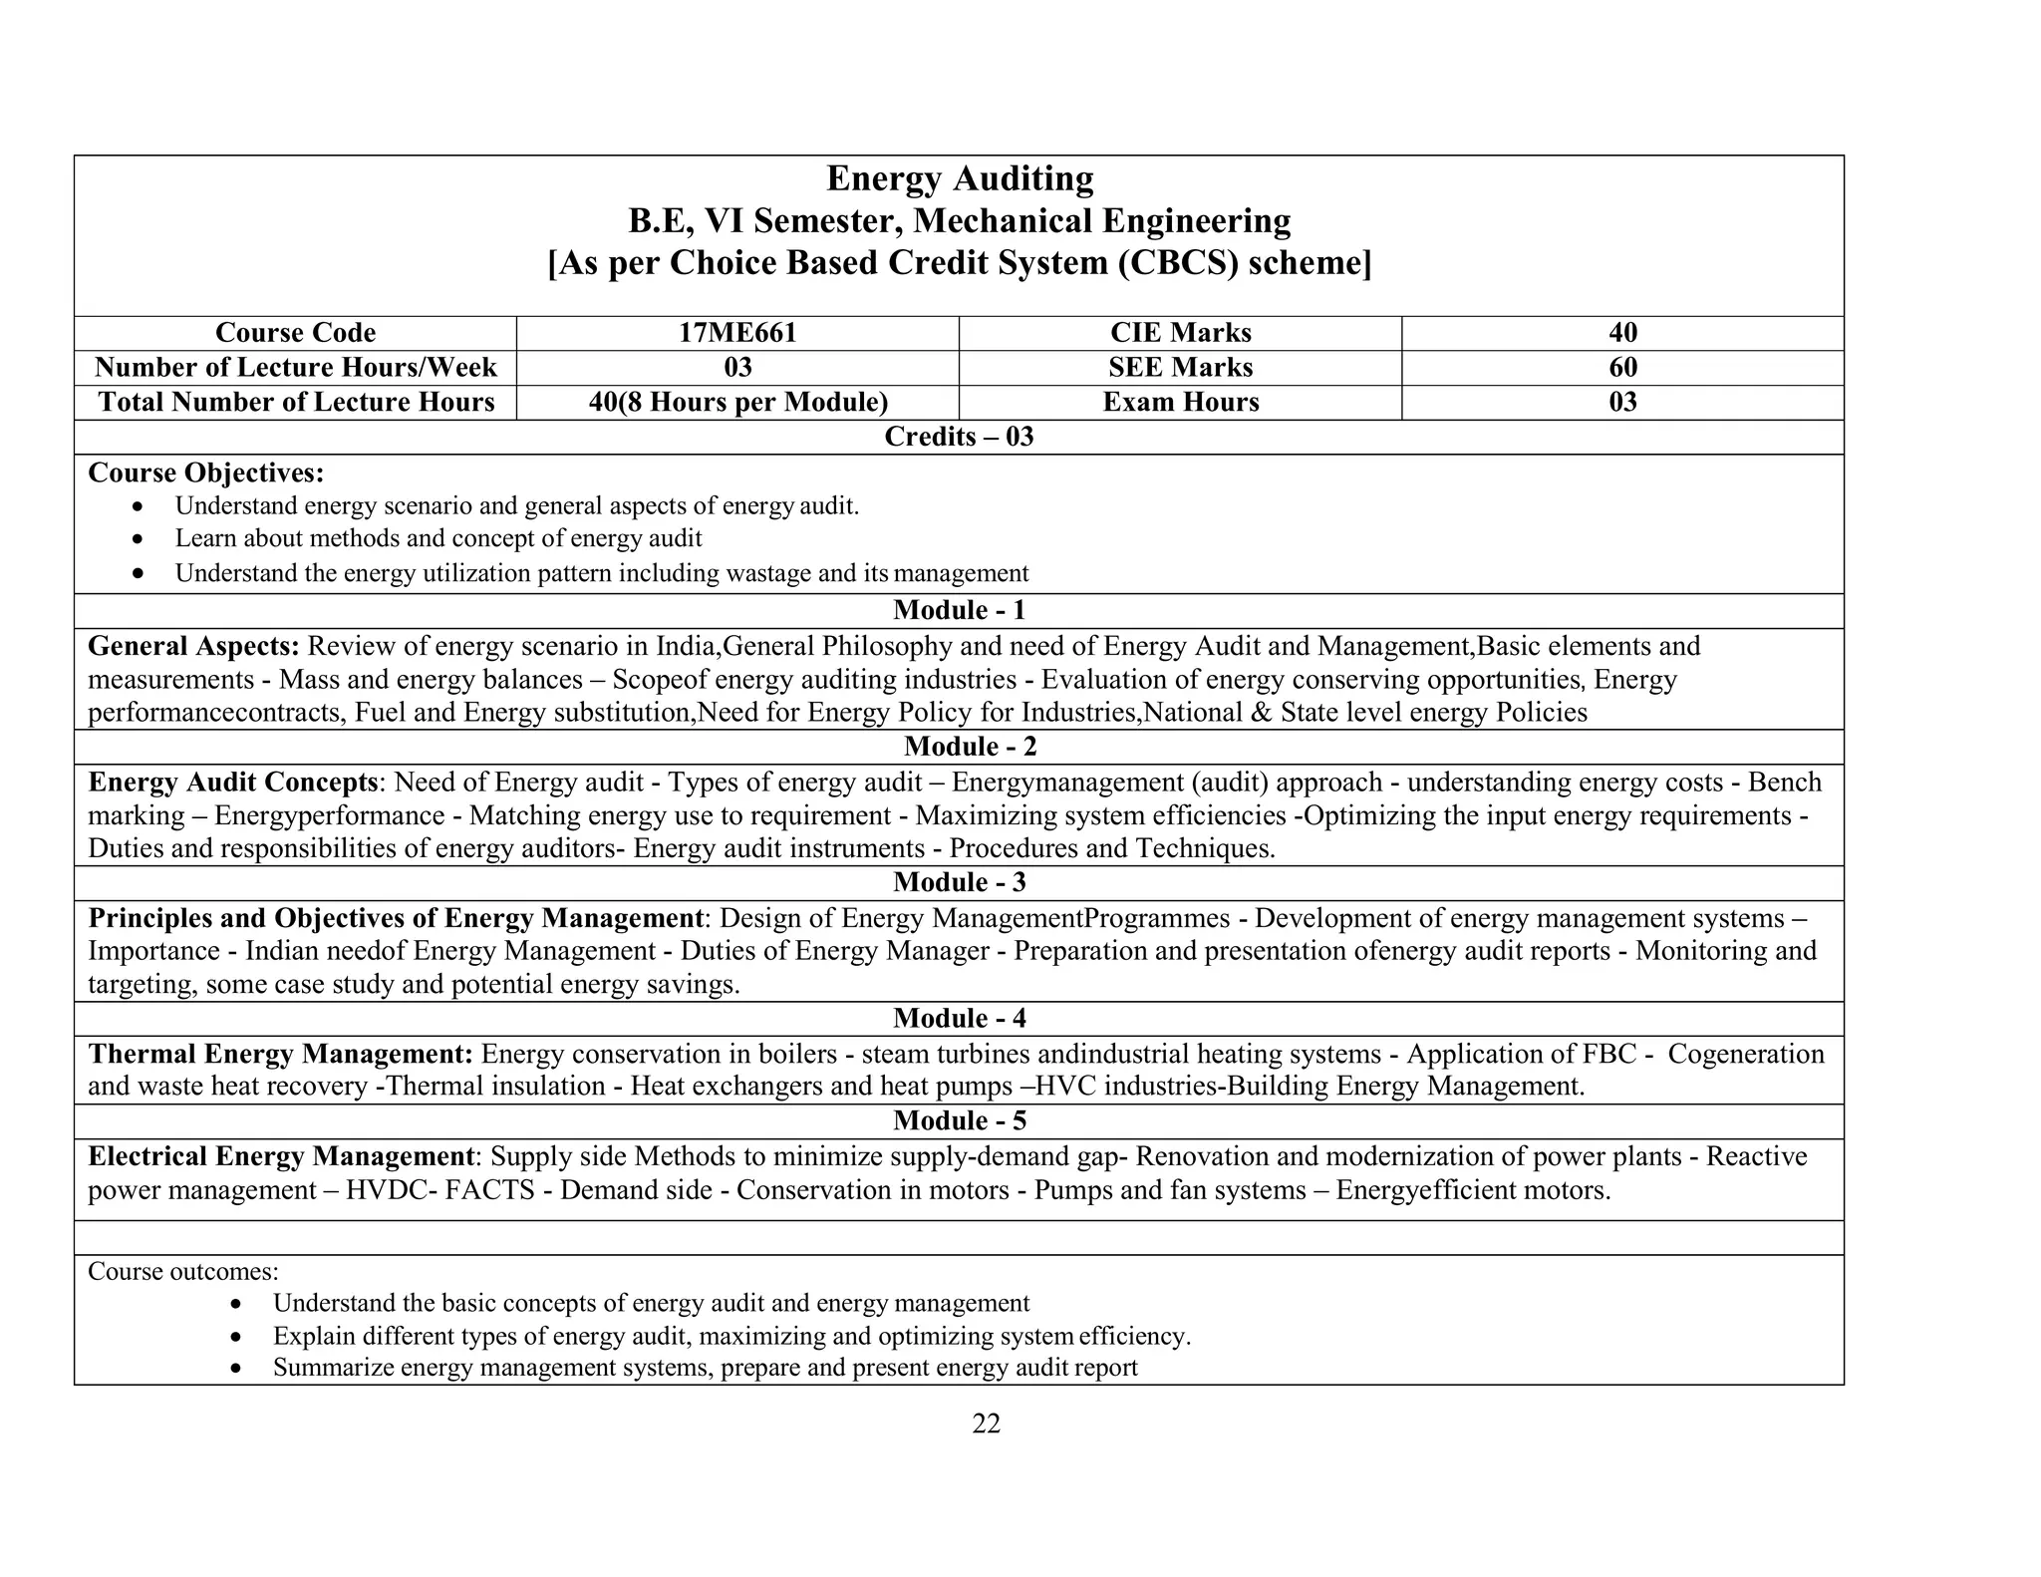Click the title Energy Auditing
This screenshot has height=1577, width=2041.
coord(960,179)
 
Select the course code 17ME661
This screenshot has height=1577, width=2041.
coord(737,333)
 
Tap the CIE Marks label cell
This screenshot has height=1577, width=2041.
coord(1180,333)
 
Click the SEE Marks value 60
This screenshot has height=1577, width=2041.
coord(1622,368)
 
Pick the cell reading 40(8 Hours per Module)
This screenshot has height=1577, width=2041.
coord(737,403)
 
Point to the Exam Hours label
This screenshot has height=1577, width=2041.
coord(1180,403)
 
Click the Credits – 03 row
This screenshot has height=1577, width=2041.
coord(959,437)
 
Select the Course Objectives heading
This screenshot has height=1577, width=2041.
coord(206,473)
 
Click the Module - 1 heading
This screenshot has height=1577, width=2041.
coord(959,610)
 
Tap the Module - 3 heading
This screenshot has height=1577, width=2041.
coord(959,882)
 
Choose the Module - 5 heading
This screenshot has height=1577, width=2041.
coord(959,1121)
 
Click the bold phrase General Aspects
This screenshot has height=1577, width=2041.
coord(193,646)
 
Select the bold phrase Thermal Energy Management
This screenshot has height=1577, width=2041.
coord(280,1055)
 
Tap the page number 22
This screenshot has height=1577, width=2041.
coord(986,1423)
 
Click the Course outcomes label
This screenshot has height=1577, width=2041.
coord(183,1272)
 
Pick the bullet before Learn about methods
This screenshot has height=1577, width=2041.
coord(139,539)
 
